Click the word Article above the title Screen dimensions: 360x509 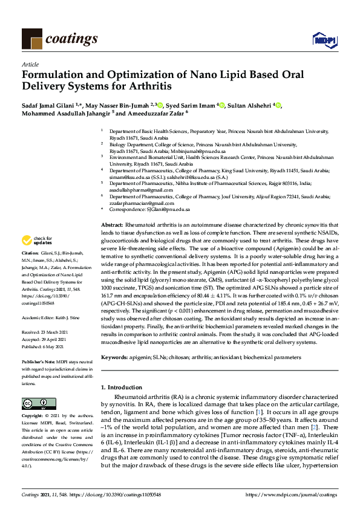[30, 63]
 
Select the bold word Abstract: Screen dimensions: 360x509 [113, 224]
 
